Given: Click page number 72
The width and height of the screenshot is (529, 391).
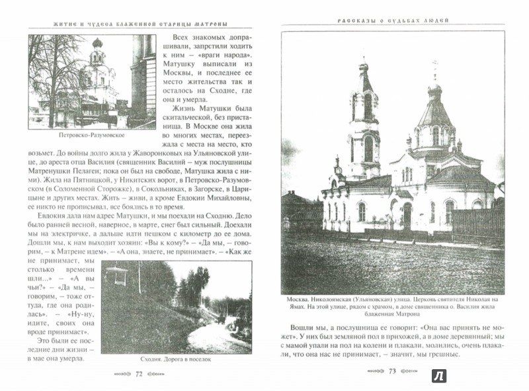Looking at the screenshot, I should pyautogui.click(x=139, y=374).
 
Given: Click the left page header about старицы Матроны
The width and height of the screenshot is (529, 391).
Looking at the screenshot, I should pyautogui.click(x=138, y=24).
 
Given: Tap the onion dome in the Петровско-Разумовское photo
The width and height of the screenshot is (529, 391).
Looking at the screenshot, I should pyautogui.click(x=97, y=46).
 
